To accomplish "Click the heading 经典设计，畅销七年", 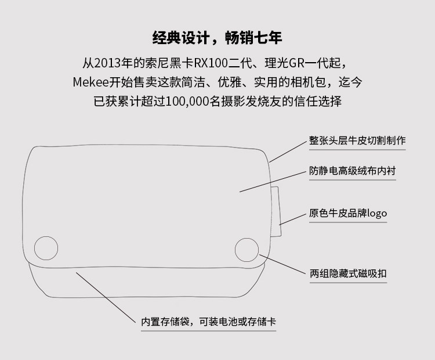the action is coord(217,38).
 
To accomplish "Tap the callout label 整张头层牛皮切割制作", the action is coord(357,141).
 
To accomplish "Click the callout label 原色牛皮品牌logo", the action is coord(348,213).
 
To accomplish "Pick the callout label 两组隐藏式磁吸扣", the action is coord(348,272).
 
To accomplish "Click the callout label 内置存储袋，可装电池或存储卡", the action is coord(208,321).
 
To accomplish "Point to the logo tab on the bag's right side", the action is coord(276,211).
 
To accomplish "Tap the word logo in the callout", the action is coord(376,213).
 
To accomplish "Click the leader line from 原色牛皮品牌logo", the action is coord(293,218).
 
